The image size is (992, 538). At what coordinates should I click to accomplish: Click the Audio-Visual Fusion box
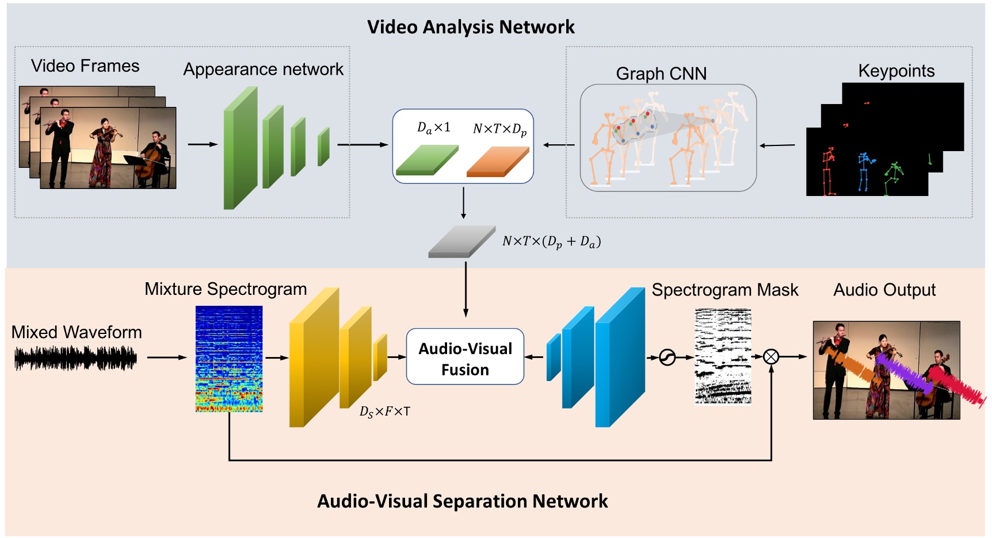[x=465, y=357]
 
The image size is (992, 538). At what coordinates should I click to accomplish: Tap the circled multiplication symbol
[x=771, y=357]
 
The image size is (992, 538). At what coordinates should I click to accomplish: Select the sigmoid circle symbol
[x=667, y=358]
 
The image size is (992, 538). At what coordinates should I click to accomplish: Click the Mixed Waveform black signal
[x=75, y=358]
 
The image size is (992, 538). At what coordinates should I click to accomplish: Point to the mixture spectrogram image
[x=229, y=359]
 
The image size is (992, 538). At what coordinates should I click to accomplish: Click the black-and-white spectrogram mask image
[x=723, y=356]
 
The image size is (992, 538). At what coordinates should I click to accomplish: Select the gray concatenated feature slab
[x=461, y=241]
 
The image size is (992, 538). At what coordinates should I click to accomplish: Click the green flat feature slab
[x=427, y=160]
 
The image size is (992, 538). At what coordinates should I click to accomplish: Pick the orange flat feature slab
[x=498, y=162]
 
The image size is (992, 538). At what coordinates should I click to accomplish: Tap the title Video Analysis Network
[x=471, y=27]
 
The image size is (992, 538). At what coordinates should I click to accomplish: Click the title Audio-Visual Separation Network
[x=462, y=501]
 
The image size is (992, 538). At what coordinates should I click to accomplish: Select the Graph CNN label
[x=661, y=74]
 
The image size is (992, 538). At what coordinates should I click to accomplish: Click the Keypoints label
[x=896, y=71]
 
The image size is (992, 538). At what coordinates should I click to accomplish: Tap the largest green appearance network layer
[x=240, y=148]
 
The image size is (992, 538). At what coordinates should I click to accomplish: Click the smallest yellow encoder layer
[x=380, y=358]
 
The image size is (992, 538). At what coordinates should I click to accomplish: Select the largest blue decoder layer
[x=620, y=358]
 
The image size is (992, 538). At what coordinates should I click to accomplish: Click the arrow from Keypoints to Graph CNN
[x=777, y=145]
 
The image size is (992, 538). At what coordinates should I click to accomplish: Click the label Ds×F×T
[x=384, y=412]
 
